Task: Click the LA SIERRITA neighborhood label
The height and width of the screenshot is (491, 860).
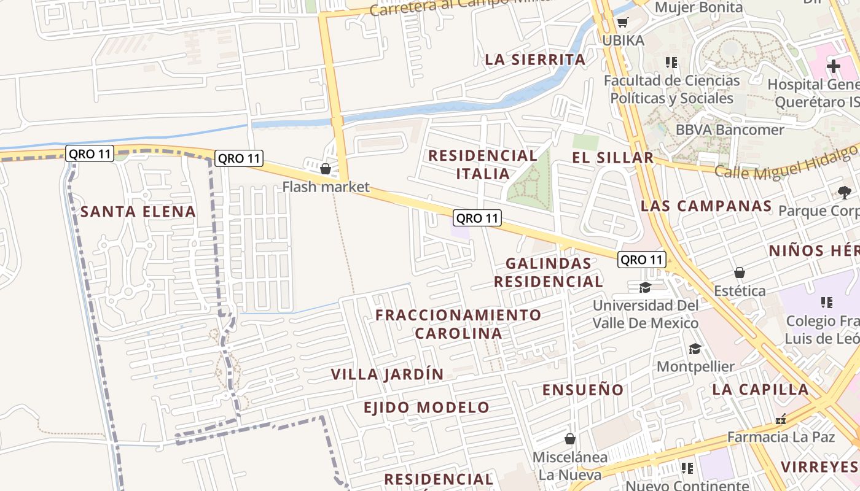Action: pyautogui.click(x=535, y=60)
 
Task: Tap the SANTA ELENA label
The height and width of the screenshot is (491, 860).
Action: pyautogui.click(x=138, y=212)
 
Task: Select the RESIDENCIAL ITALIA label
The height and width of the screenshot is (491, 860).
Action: pyautogui.click(x=483, y=164)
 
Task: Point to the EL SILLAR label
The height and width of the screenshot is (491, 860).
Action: pyautogui.click(x=612, y=158)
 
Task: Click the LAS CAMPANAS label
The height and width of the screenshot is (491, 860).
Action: pyautogui.click(x=706, y=206)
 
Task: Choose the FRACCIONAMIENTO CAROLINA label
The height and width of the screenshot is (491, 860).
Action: pyautogui.click(x=458, y=324)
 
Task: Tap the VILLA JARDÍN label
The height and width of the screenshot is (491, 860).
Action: pyautogui.click(x=387, y=374)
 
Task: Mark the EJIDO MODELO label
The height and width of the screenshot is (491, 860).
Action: pyautogui.click(x=426, y=408)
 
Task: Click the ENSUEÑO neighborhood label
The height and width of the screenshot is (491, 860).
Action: pyautogui.click(x=583, y=390)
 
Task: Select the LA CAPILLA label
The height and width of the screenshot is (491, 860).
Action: pyautogui.click(x=760, y=389)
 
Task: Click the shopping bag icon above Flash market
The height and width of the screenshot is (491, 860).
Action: pyautogui.click(x=326, y=168)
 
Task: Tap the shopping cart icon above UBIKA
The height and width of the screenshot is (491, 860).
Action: pyautogui.click(x=622, y=23)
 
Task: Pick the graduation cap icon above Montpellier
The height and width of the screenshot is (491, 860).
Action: pyautogui.click(x=695, y=349)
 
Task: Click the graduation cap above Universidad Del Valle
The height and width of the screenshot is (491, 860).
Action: pyautogui.click(x=645, y=288)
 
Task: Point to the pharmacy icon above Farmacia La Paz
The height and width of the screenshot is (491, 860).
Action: pyautogui.click(x=781, y=420)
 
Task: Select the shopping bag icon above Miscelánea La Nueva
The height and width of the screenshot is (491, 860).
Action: pyautogui.click(x=570, y=439)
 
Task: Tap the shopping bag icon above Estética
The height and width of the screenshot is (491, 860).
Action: pyautogui.click(x=740, y=273)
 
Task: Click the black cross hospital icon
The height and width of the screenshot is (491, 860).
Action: pyautogui.click(x=833, y=66)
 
